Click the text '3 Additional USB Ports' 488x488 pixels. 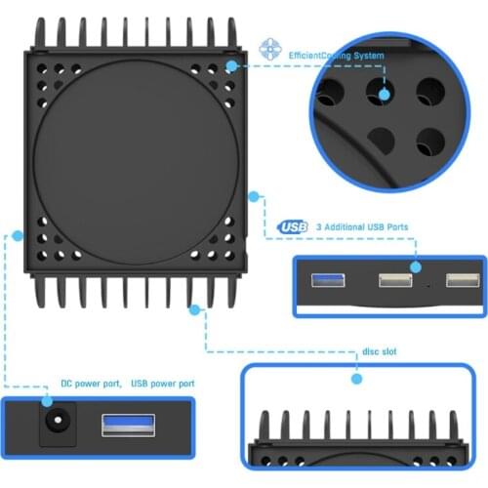tap(362, 227)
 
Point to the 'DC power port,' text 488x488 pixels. tap(93, 384)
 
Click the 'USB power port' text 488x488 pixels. tap(162, 384)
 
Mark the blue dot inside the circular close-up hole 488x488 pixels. tap(382, 94)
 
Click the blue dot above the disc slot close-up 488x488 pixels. tap(357, 377)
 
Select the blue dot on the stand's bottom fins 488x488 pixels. tap(194, 309)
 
